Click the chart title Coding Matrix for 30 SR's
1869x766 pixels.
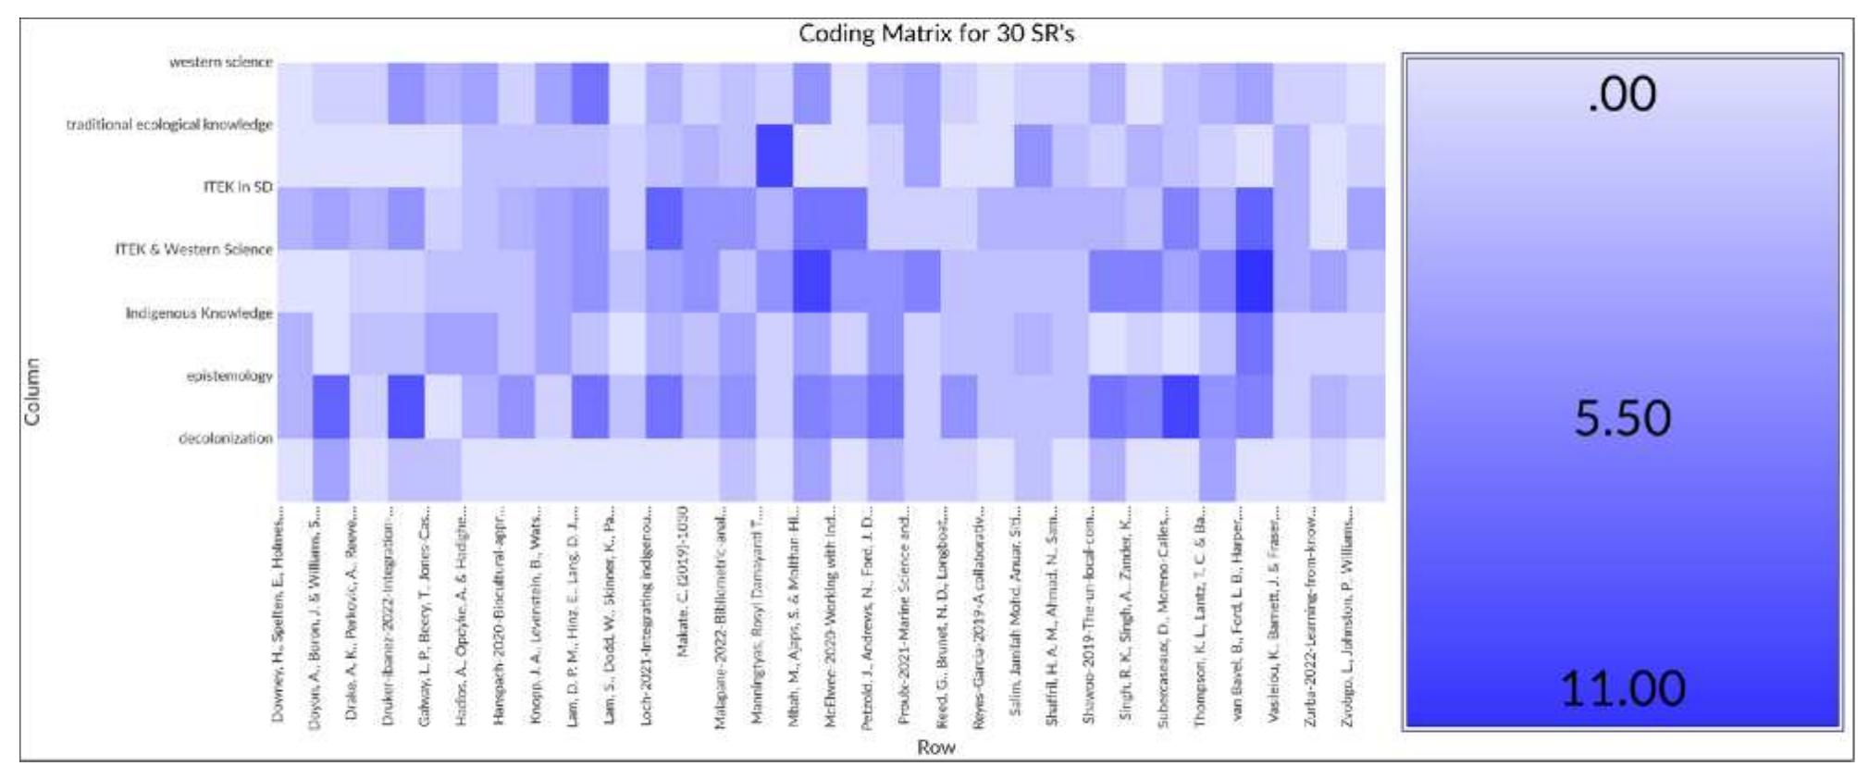click(935, 34)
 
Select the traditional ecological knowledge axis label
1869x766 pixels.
click(169, 124)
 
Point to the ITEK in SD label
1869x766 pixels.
click(238, 187)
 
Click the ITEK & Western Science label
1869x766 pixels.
click(193, 249)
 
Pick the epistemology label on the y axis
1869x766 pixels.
click(229, 376)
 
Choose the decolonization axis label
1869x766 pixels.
click(225, 438)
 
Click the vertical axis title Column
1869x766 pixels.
click(33, 391)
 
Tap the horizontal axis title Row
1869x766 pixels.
click(935, 747)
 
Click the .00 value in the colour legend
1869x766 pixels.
click(1621, 95)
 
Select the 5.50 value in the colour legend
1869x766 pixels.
click(1622, 418)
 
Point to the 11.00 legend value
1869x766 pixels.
click(1622, 689)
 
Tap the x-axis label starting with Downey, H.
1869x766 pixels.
click(278, 615)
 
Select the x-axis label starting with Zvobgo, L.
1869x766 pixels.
click(1349, 615)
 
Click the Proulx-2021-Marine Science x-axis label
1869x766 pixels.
click(905, 615)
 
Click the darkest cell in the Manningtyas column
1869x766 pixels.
click(774, 155)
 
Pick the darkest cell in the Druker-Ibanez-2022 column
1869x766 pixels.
click(405, 406)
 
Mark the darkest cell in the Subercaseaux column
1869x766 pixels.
click(1181, 406)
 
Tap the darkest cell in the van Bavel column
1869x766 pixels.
click(1255, 281)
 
